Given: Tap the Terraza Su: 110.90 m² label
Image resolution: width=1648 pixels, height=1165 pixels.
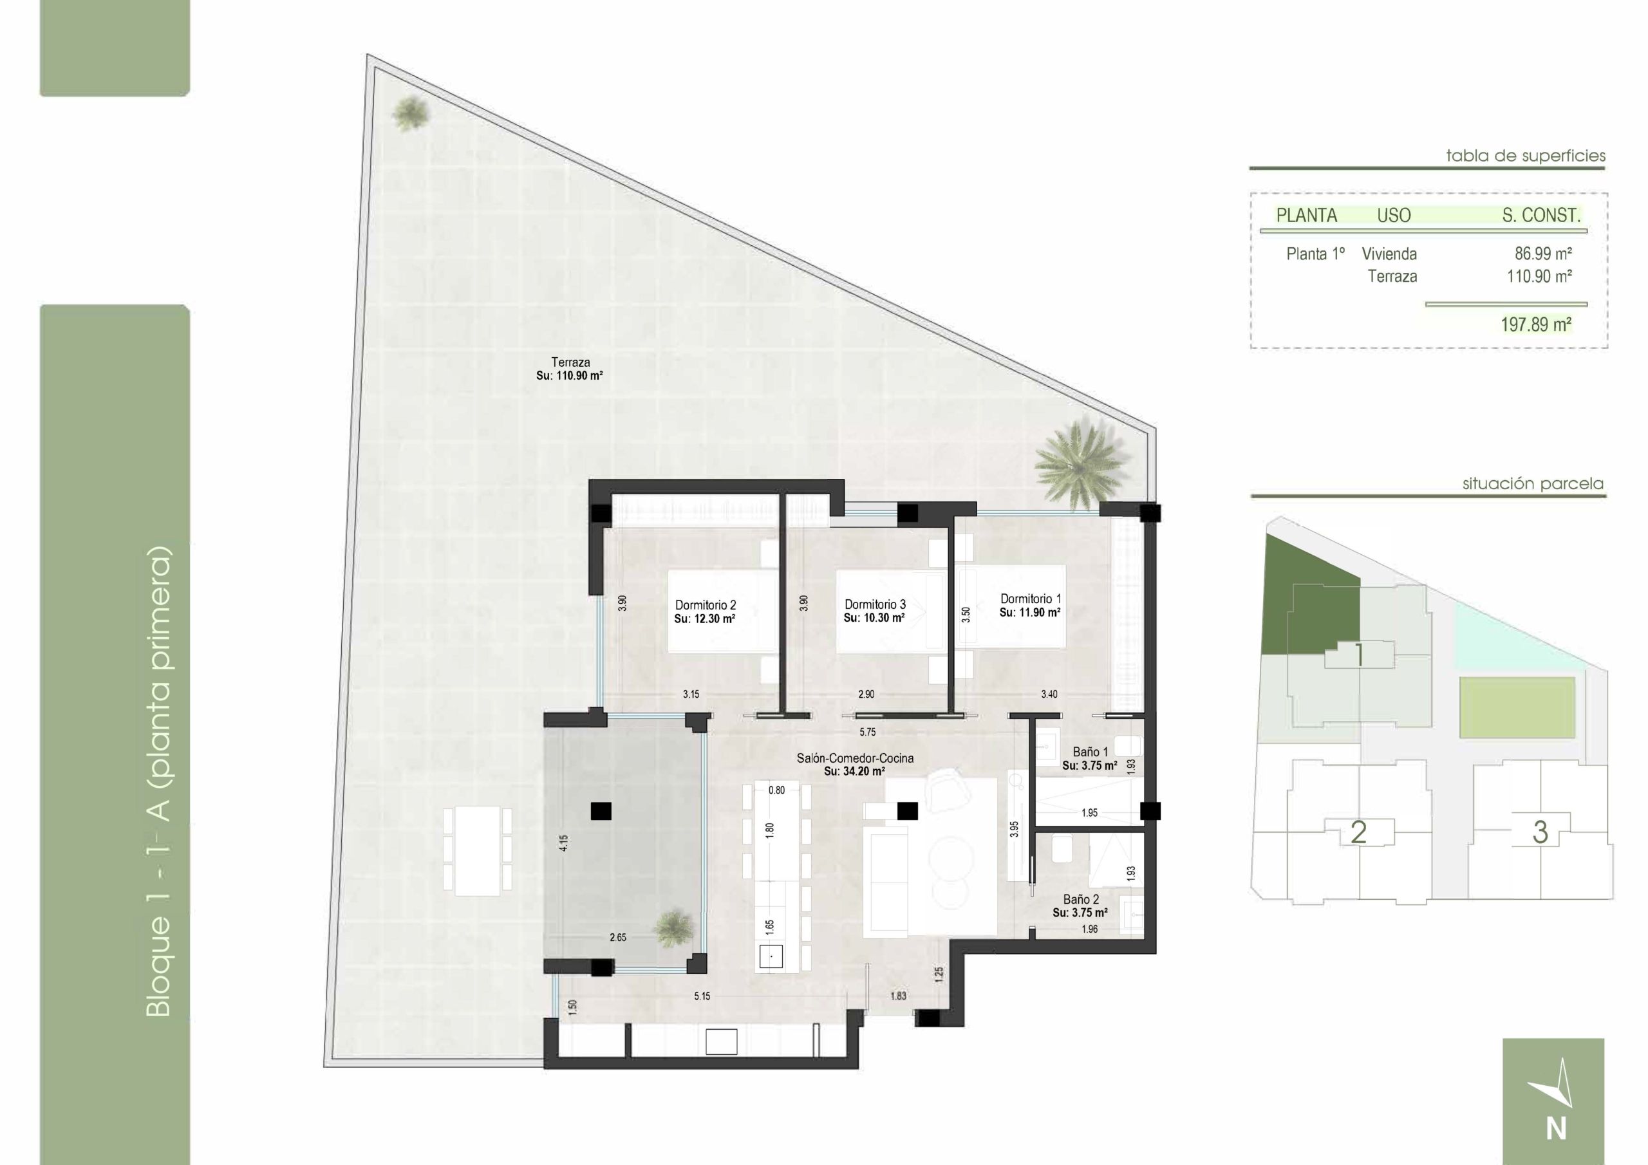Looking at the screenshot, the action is click(x=570, y=368).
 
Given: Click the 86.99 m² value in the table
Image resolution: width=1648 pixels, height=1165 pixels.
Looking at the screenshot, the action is click(x=1543, y=254).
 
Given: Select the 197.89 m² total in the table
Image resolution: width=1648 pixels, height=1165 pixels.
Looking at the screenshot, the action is click(x=1536, y=324).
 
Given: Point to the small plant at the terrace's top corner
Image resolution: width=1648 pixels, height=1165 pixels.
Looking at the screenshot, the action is click(x=410, y=114).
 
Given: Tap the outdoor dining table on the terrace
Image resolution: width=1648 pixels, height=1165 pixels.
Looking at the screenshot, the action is click(x=477, y=851).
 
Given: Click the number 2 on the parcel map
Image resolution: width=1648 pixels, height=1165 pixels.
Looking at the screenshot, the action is click(x=1358, y=833).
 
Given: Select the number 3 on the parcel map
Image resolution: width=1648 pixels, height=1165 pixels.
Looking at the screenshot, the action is click(x=1540, y=833).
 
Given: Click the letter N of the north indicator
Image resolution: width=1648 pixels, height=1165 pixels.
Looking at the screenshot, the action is click(x=1556, y=1129).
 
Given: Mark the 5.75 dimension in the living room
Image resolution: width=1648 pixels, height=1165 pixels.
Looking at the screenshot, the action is click(x=868, y=732).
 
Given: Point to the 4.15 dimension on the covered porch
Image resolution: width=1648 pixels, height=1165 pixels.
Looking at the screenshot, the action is click(x=564, y=843).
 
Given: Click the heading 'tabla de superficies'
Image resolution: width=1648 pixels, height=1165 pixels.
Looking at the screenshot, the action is click(x=1526, y=156).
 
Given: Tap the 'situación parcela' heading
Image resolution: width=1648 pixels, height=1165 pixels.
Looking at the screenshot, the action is click(x=1533, y=485).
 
